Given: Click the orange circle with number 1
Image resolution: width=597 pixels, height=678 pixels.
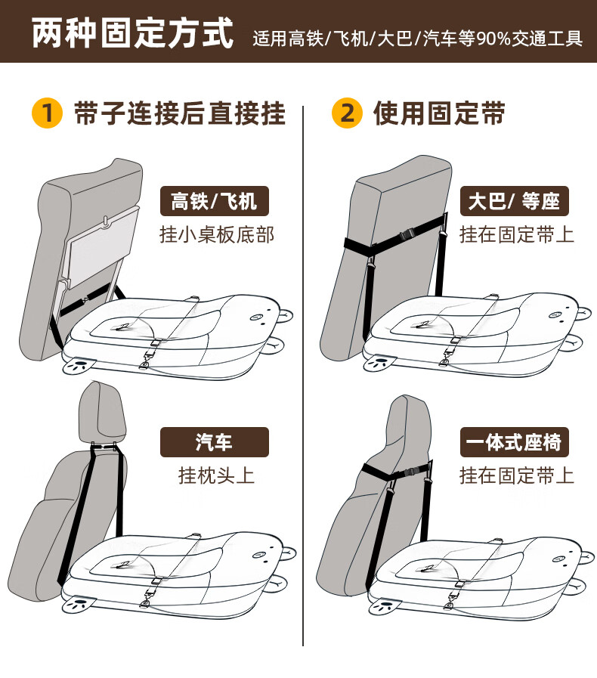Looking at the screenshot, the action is (47, 113).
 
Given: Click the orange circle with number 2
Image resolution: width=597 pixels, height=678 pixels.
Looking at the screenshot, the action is (347, 113).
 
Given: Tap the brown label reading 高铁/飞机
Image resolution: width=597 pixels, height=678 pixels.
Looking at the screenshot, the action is (215, 201).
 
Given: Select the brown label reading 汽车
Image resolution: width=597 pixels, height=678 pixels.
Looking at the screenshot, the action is (215, 442).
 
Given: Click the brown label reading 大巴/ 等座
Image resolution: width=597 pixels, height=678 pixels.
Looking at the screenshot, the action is (515, 201).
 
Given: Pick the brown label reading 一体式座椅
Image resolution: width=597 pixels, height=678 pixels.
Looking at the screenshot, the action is (515, 442).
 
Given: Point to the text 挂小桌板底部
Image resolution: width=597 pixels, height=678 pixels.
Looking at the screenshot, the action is (217, 235).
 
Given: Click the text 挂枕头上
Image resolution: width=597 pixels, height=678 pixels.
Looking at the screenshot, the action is (216, 475).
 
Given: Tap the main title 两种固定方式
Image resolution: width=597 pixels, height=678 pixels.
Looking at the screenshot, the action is (133, 33).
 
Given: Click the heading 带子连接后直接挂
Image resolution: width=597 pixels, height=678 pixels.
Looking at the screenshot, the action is (180, 113).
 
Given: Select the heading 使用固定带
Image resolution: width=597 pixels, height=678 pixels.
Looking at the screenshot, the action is (439, 113).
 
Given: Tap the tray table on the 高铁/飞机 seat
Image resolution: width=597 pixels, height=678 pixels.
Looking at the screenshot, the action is (103, 248).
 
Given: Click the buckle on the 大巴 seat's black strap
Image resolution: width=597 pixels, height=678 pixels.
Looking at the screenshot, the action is (408, 235).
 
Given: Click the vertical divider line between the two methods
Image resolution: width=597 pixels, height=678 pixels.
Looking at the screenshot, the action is (303, 376).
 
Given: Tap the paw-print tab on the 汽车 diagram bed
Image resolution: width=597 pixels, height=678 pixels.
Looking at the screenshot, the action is (79, 602).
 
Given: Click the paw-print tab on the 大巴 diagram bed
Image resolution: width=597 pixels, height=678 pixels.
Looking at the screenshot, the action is (379, 363).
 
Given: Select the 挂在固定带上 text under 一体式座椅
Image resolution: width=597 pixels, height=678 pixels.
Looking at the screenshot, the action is (517, 475).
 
